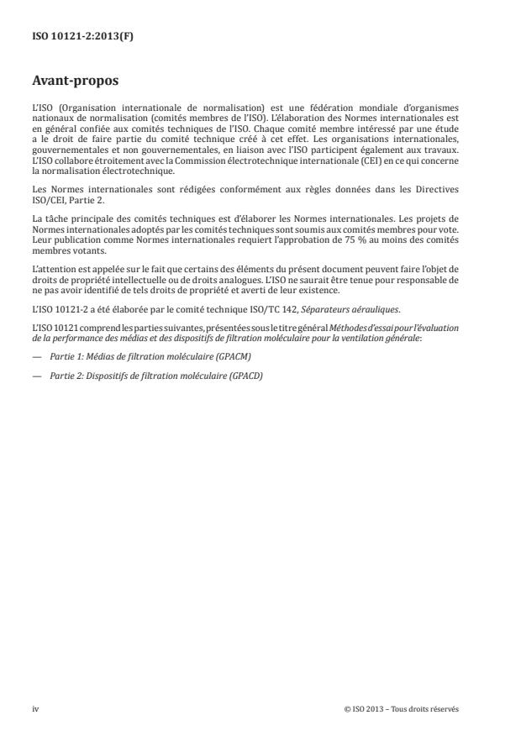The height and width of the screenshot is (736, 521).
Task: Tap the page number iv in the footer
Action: click(x=36, y=708)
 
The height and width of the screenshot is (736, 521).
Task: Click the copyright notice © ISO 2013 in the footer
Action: click(x=402, y=708)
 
